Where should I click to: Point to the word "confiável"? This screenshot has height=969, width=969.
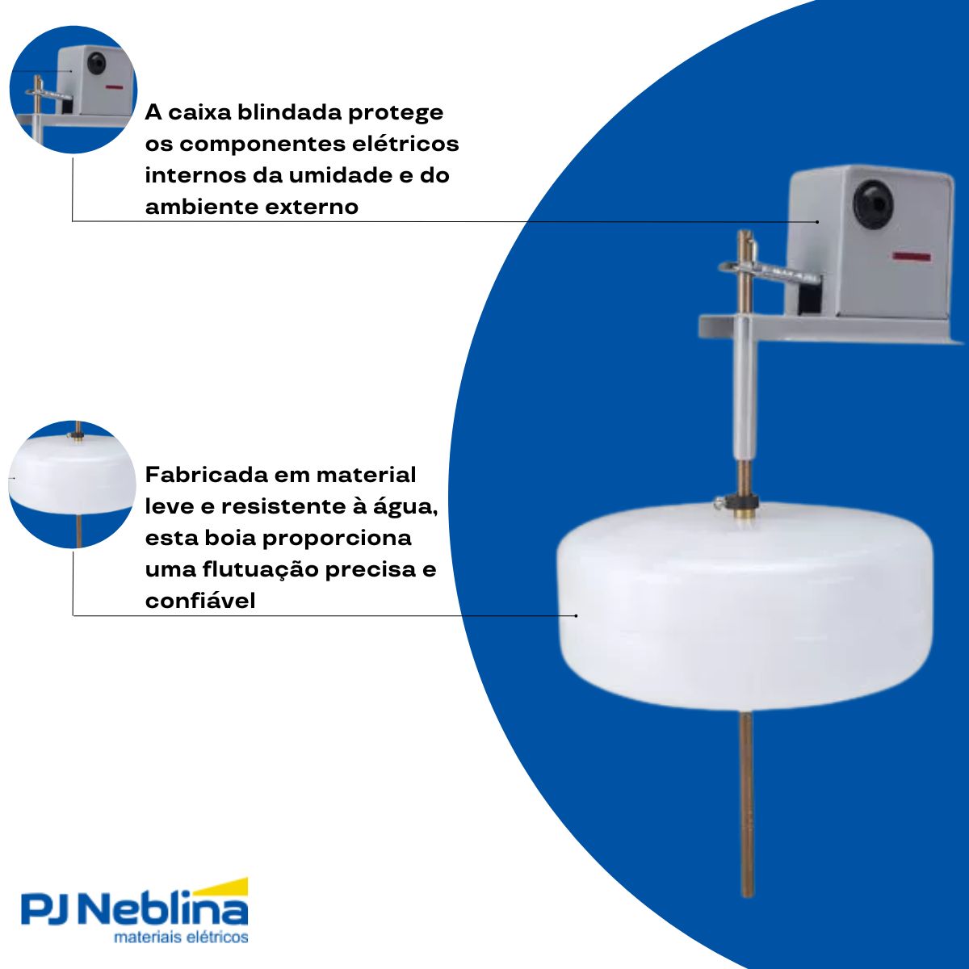pyautogui.click(x=200, y=602)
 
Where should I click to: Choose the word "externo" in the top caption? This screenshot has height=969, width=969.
pyautogui.click(x=311, y=207)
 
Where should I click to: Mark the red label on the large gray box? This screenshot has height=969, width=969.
pyautogui.click(x=912, y=258)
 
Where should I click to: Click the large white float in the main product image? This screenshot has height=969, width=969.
pyautogui.click(x=745, y=606)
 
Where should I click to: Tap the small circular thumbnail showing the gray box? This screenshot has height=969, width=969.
pyautogui.click(x=73, y=89)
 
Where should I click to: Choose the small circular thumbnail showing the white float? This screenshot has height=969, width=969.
pyautogui.click(x=73, y=484)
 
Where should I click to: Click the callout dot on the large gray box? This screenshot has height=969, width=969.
pyautogui.click(x=817, y=221)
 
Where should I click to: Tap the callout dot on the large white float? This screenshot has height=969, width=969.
pyautogui.click(x=576, y=615)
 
